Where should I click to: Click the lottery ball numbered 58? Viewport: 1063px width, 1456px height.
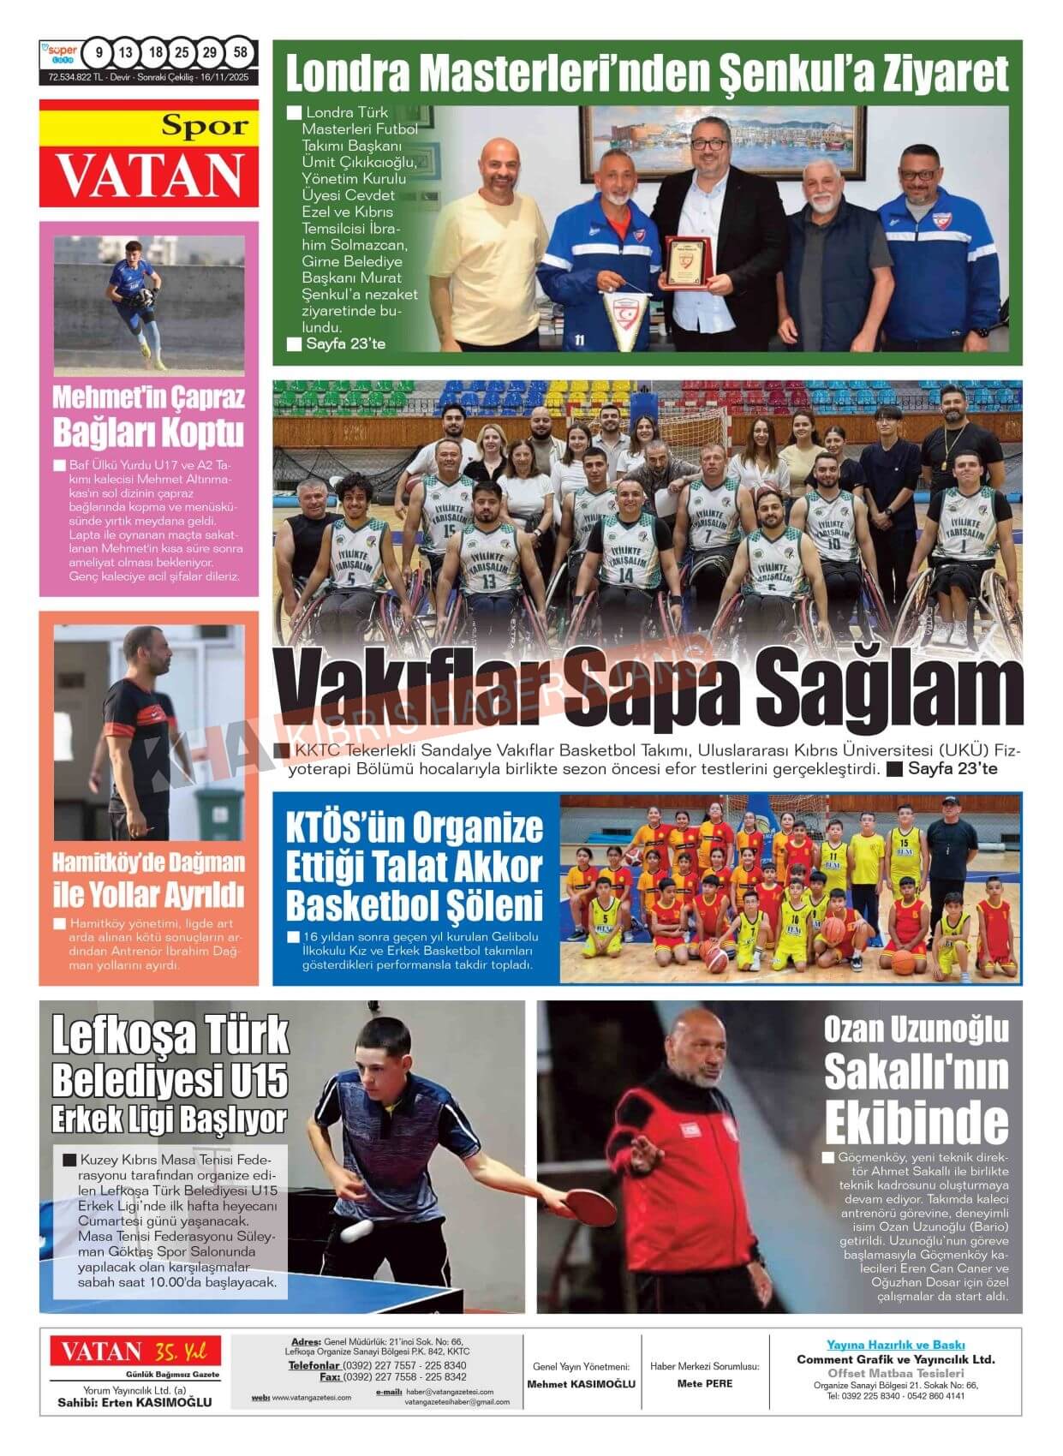(241, 53)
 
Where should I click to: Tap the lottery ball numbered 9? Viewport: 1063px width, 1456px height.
(99, 53)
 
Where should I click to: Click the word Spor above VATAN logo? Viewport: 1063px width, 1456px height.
(205, 127)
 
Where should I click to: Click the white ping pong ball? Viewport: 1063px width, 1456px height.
(354, 1232)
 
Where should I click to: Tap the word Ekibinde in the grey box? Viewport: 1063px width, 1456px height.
(917, 1124)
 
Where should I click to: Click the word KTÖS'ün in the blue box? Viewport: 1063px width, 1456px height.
(344, 829)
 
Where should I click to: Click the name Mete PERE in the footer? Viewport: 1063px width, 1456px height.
(704, 1383)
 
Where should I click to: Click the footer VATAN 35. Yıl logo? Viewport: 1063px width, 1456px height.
(134, 1352)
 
